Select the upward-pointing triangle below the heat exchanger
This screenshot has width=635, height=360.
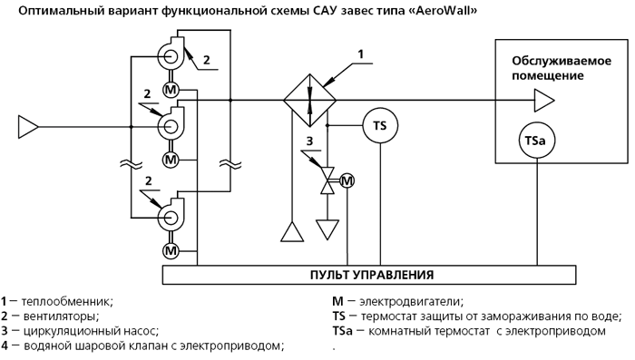pos(292,231)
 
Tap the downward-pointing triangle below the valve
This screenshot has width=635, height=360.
pos(327,229)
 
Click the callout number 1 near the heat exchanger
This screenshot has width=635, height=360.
pos(360,54)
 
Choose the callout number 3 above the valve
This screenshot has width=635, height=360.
pos(309,141)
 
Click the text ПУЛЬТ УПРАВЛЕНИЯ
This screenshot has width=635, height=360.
pos(372,275)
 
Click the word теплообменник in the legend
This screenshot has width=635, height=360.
pos(67,302)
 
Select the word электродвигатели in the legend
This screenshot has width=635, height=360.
pos(412,302)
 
